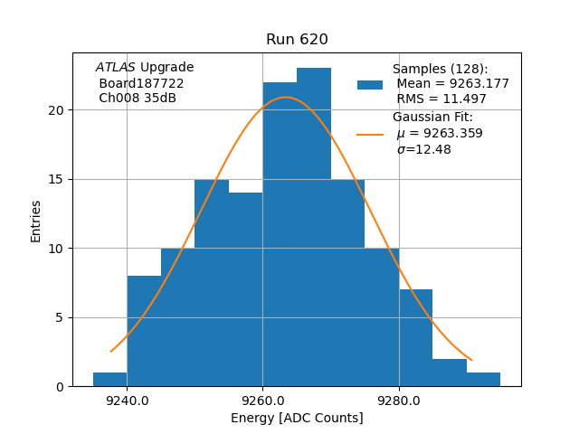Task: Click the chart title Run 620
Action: (297, 40)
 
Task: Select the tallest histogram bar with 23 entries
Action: (314, 226)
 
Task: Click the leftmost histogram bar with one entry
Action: (109, 380)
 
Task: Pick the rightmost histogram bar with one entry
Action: (483, 380)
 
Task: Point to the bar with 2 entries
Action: (450, 373)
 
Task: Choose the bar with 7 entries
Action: (415, 338)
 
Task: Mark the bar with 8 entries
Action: (144, 331)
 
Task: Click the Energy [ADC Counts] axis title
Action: (297, 418)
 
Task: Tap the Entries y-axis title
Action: (36, 221)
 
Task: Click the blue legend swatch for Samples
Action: (370, 85)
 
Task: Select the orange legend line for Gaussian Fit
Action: (370, 134)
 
